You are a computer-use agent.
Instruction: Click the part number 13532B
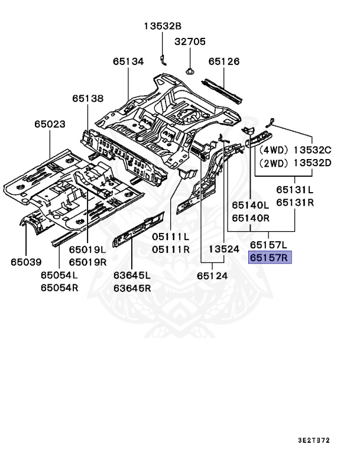tap(163, 25)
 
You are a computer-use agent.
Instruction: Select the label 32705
tap(189, 41)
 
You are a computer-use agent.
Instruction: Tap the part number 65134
tap(128, 61)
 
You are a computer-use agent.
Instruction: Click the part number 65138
tap(88, 99)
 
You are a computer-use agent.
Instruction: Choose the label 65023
tap(49, 124)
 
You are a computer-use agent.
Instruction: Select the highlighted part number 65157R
tap(270, 258)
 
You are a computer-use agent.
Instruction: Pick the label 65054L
tap(59, 275)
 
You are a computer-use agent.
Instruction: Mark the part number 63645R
tap(132, 288)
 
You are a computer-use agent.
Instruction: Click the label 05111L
tap(171, 236)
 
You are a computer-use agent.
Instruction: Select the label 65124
tap(213, 275)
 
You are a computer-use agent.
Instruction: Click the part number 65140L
tap(250, 205)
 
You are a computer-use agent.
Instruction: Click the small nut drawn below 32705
tap(190, 72)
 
